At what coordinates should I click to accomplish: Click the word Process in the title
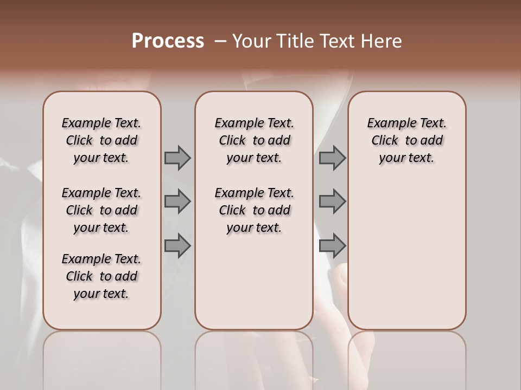(167, 41)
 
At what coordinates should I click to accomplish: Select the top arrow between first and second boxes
(177, 158)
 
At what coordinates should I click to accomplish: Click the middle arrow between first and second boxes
(177, 201)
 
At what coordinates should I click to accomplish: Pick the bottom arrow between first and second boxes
(177, 246)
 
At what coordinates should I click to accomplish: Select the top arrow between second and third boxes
(332, 158)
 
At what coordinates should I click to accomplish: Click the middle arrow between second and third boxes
(332, 201)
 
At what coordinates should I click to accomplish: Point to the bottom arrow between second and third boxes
(332, 246)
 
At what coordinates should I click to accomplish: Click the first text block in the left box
(101, 140)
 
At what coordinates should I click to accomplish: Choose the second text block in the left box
(101, 210)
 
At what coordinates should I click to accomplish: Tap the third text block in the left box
(101, 276)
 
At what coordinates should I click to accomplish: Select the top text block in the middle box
(254, 140)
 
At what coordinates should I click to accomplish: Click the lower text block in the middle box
(254, 210)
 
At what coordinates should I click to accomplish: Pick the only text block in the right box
(407, 140)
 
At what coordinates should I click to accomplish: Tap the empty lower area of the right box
(407, 255)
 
